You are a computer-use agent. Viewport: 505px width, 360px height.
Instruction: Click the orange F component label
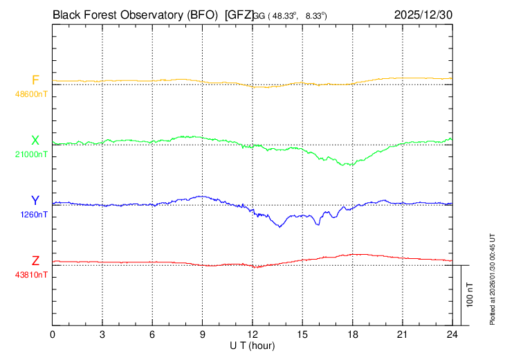pyautogui.click(x=35, y=80)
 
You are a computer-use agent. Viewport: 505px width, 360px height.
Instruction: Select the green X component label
pyautogui.click(x=35, y=141)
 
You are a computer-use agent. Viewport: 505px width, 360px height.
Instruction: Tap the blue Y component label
pyautogui.click(x=35, y=201)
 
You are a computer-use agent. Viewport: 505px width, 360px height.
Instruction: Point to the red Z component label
pyautogui.click(x=35, y=261)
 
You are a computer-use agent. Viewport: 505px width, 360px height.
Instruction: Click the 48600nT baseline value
pyautogui.click(x=31, y=93)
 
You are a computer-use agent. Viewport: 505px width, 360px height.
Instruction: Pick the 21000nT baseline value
pyautogui.click(x=31, y=154)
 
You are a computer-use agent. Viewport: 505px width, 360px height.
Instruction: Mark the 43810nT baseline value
pyautogui.click(x=31, y=274)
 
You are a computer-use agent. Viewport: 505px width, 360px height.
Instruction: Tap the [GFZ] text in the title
pyautogui.click(x=239, y=14)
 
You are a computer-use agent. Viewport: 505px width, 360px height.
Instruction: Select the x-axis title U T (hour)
pyautogui.click(x=252, y=345)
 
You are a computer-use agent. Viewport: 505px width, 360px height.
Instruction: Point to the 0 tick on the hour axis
pyautogui.click(x=53, y=334)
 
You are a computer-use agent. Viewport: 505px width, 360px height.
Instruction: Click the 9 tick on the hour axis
pyautogui.click(x=203, y=334)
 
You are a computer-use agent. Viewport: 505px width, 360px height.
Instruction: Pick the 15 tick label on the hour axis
pyautogui.click(x=302, y=334)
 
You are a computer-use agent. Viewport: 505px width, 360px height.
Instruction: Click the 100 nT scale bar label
pyautogui.click(x=470, y=294)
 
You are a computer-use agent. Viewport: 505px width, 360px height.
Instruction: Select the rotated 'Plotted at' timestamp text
pyautogui.click(x=493, y=278)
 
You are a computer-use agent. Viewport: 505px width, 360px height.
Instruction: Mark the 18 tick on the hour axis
pyautogui.click(x=352, y=334)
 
